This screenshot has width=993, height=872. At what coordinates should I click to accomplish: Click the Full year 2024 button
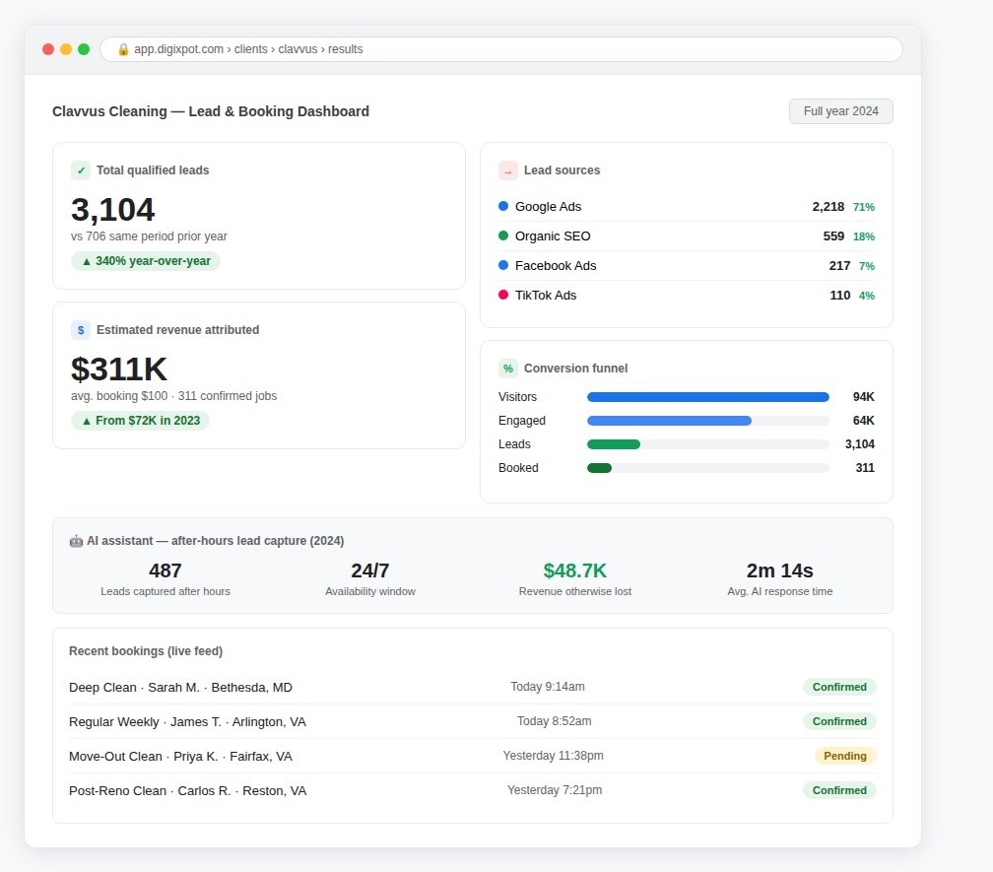coord(840,111)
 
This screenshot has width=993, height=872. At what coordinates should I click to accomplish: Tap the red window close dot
coord(48,49)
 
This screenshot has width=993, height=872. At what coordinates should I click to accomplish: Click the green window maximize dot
coord(84,49)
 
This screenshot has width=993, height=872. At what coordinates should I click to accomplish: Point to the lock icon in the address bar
coord(123,49)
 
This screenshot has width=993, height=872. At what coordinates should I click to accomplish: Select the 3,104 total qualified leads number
coord(112,210)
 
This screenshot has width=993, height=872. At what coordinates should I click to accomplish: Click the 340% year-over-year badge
coord(146,261)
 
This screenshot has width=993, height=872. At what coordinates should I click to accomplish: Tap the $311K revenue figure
coord(119,369)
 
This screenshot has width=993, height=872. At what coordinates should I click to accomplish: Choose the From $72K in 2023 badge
coord(140,421)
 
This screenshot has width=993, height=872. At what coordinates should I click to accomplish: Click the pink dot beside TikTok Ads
coord(503,295)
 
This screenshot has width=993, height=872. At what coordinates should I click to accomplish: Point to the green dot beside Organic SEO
coord(503,235)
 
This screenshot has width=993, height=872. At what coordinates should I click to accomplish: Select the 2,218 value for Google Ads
coord(827,207)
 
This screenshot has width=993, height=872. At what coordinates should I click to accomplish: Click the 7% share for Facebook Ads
coord(866,266)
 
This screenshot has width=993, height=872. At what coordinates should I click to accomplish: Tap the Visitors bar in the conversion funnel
coord(708,397)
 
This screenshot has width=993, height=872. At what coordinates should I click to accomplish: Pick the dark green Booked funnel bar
coord(599,468)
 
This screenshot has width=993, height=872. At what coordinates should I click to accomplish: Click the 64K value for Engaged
coord(863,421)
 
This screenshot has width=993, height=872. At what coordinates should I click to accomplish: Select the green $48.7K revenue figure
coord(575,570)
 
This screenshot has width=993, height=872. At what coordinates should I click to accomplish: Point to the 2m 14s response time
coord(779,570)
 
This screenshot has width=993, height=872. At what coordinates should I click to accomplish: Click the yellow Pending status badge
coord(845,756)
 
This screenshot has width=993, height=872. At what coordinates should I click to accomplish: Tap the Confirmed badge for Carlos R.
coord(839,790)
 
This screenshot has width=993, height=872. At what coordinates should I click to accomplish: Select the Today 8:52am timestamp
coord(554,721)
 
